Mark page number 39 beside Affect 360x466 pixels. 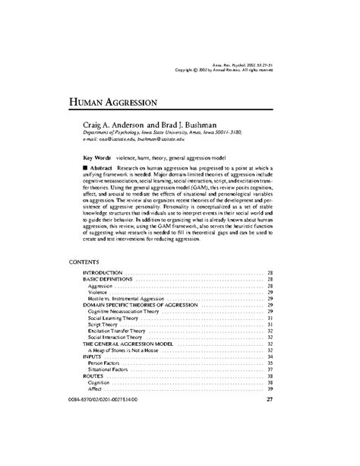click(270, 391)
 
